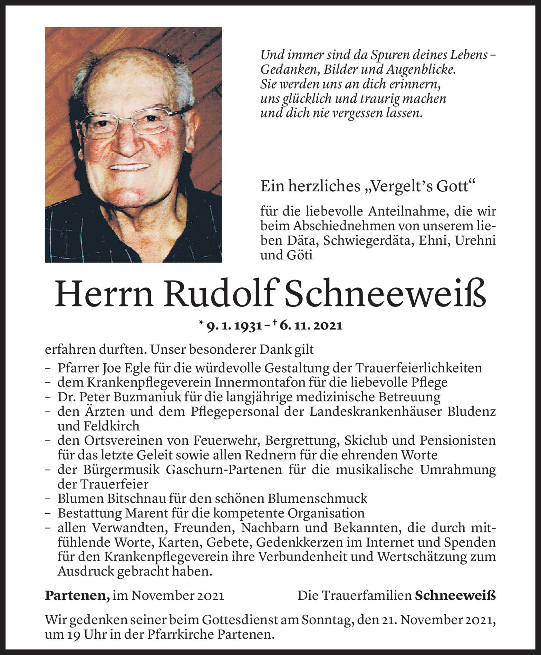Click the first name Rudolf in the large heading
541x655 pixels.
222,295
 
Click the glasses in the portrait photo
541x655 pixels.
131,121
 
